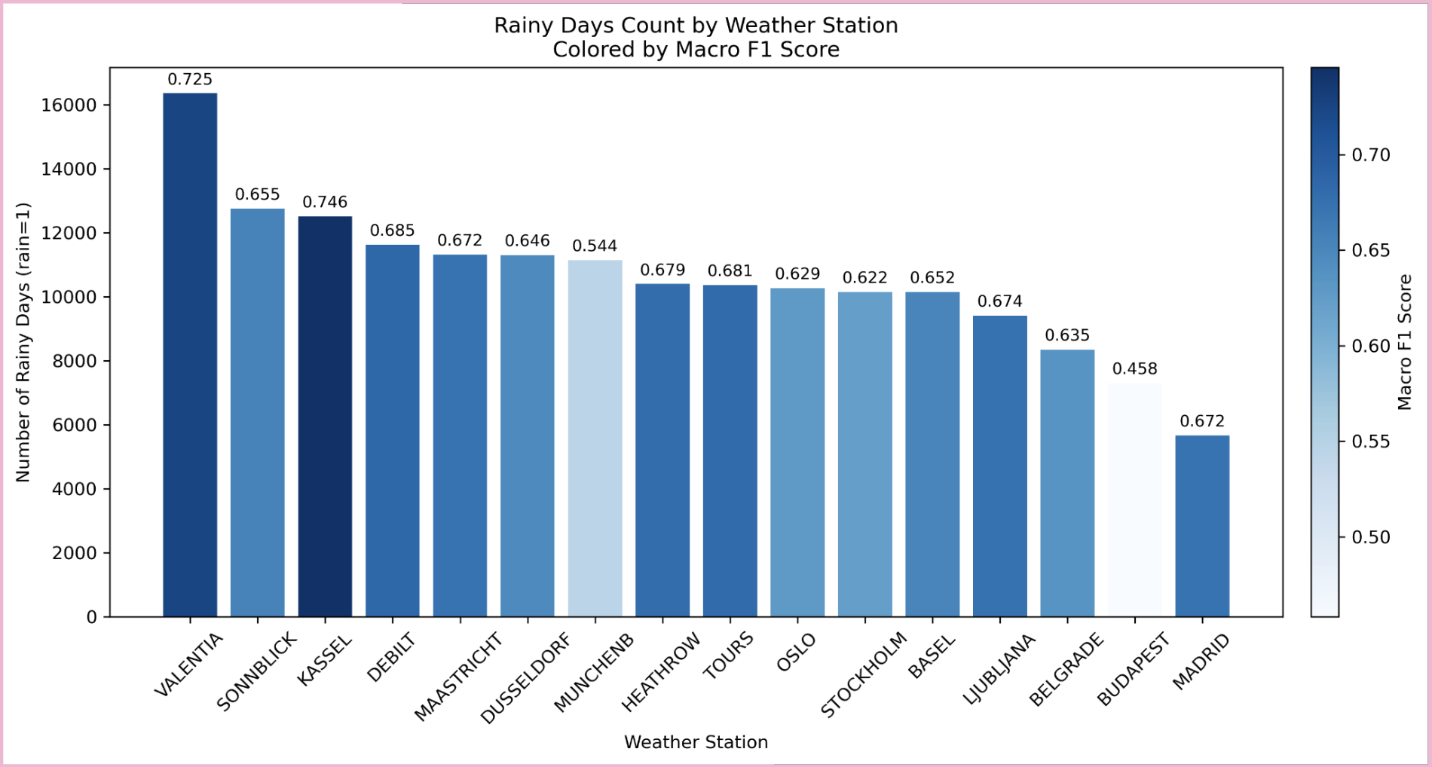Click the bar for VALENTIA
click(190, 354)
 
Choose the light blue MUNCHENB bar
click(595, 438)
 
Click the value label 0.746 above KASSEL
click(325, 202)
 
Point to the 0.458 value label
click(1134, 368)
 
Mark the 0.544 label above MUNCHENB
click(595, 246)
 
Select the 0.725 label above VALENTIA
click(190, 79)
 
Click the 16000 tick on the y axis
click(69, 105)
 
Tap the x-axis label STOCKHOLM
click(864, 674)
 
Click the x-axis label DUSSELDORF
click(526, 678)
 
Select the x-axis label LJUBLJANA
click(999, 668)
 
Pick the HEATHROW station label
click(661, 672)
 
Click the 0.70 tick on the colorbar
click(1370, 155)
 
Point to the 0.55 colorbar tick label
click(1370, 442)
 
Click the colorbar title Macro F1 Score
click(1404, 342)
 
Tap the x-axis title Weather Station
click(696, 742)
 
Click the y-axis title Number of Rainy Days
click(23, 342)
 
